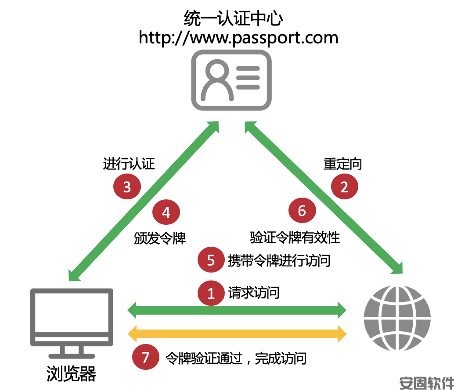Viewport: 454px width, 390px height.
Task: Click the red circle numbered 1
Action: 211,293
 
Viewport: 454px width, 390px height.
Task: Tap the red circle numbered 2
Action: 344,187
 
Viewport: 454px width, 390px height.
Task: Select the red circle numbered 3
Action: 127,187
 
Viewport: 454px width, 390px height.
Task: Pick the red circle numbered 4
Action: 166,212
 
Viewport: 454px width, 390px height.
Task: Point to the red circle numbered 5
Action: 211,260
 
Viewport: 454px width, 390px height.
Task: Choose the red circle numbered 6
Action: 302,210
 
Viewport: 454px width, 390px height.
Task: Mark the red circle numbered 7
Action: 145,357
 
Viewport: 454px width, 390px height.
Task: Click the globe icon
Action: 397,318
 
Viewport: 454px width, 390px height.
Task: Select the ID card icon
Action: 231,80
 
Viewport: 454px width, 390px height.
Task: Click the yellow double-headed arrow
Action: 237,334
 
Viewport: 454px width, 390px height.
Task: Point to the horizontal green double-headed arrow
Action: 237,310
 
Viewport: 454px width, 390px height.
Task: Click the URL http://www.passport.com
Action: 238,38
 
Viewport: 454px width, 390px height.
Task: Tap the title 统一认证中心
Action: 234,18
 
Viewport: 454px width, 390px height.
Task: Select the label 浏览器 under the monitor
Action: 71,373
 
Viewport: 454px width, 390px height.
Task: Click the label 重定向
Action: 342,164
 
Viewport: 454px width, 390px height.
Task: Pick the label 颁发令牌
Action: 159,238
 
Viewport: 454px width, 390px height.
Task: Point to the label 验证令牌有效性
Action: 295,238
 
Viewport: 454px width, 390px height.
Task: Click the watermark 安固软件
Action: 426,383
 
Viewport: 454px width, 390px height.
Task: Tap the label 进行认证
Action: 129,164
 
